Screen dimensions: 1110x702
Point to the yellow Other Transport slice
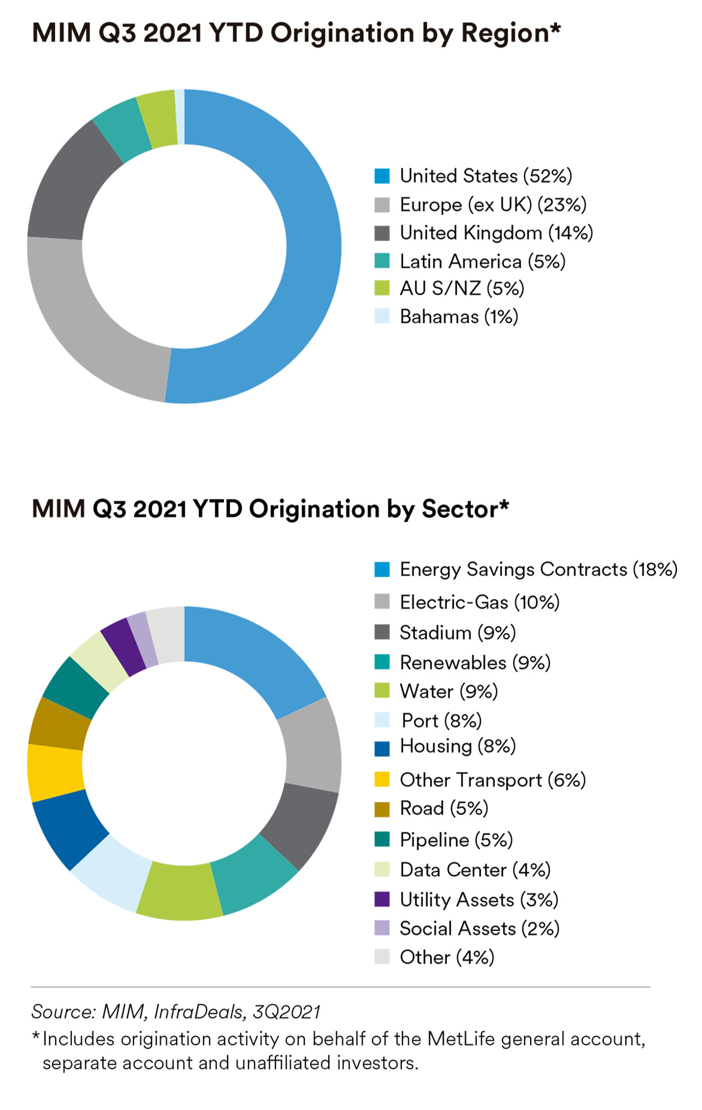[x=56, y=772]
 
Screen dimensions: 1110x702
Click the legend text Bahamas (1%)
[x=459, y=317]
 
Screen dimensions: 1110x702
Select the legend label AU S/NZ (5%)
[x=462, y=288]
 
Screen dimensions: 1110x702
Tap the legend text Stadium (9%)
[x=457, y=633]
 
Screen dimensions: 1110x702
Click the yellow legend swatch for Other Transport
[x=382, y=780]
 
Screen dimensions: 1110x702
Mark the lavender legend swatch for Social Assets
[x=382, y=928]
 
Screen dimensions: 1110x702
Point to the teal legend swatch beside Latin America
[x=382, y=261]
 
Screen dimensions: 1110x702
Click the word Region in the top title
[x=507, y=34]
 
